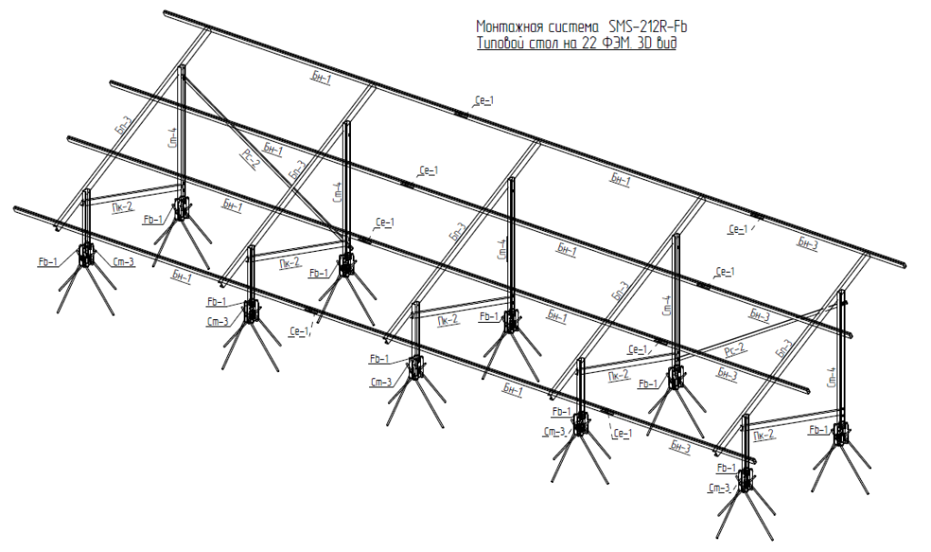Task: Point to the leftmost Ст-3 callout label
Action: (x=125, y=263)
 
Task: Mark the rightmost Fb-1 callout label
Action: (x=818, y=429)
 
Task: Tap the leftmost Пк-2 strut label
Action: (x=122, y=206)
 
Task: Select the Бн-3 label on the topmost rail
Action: (x=808, y=243)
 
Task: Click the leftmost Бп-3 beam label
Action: (x=124, y=128)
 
